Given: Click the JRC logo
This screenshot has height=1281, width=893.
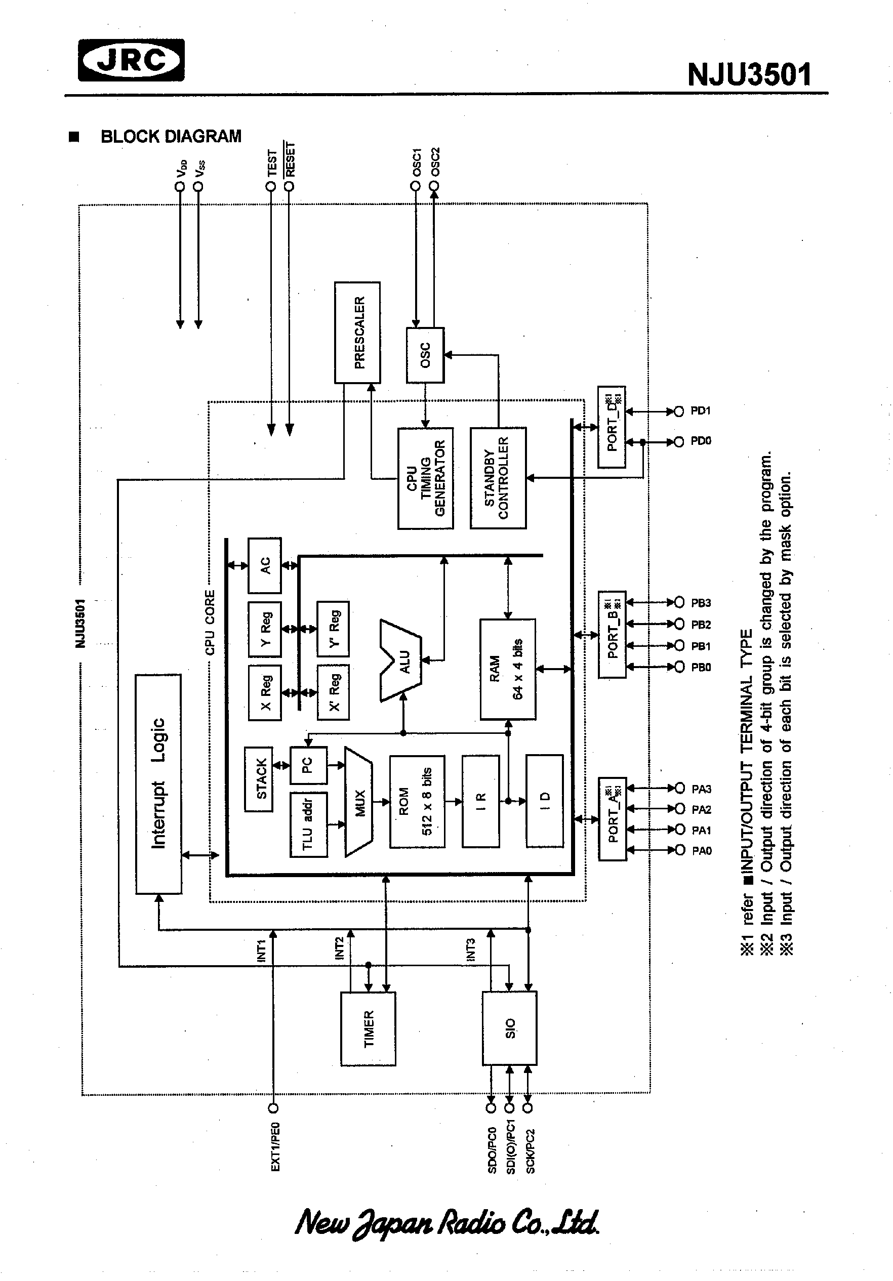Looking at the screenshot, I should [131, 60].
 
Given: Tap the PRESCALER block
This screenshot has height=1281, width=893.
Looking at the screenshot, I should [357, 333].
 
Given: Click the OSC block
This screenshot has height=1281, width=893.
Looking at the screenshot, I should [425, 355].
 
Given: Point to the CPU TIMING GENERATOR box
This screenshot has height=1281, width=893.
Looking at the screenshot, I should [425, 478].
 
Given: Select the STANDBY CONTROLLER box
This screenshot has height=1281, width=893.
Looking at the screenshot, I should [498, 478].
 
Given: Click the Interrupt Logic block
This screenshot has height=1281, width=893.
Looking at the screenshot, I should [158, 783].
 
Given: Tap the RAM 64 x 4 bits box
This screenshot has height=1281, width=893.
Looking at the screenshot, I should [507, 669].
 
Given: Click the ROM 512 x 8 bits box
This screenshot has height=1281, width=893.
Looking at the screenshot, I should [417, 802].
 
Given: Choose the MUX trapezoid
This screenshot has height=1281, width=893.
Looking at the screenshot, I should [359, 802].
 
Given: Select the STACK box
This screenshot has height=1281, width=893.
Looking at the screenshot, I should [259, 779].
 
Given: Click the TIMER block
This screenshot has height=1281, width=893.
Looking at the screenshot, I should [369, 1029].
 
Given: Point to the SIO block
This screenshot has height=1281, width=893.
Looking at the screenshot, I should [510, 1028].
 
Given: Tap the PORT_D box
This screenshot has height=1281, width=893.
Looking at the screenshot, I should [612, 427].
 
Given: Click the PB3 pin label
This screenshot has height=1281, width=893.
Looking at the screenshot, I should [701, 603].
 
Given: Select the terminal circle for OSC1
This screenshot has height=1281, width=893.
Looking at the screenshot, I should [415, 186].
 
